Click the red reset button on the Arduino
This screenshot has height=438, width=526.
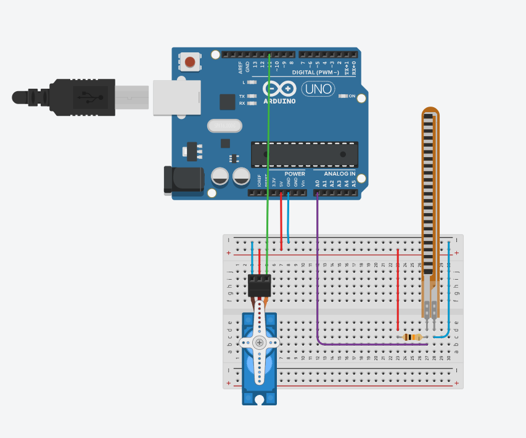[x=190, y=62]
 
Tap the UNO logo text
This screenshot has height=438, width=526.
[x=318, y=89]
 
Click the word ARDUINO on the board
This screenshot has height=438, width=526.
[x=279, y=101]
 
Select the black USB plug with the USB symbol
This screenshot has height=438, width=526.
[x=83, y=97]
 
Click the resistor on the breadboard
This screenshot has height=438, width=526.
[x=412, y=337]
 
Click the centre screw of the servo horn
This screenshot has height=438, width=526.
[x=259, y=343]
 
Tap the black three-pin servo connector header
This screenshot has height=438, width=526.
[x=259, y=285]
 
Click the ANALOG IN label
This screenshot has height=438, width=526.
[x=340, y=174]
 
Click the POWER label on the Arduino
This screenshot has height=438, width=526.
[x=295, y=174]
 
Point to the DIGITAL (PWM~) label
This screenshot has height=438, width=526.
[x=315, y=73]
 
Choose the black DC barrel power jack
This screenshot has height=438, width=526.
[x=183, y=180]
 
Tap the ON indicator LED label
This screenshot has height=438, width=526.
[x=352, y=96]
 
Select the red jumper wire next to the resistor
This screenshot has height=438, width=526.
[x=398, y=290]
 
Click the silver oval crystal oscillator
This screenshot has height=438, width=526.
[x=224, y=126]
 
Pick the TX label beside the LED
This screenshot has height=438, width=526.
[x=242, y=96]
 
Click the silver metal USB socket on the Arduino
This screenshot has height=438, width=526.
[x=176, y=97]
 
